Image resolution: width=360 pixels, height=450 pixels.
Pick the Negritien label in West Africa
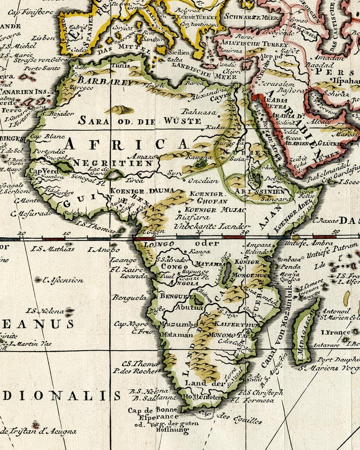(x=113, y=163)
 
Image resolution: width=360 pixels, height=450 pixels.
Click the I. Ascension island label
(x=62, y=280)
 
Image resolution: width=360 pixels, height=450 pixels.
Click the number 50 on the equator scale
(x=335, y=232)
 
